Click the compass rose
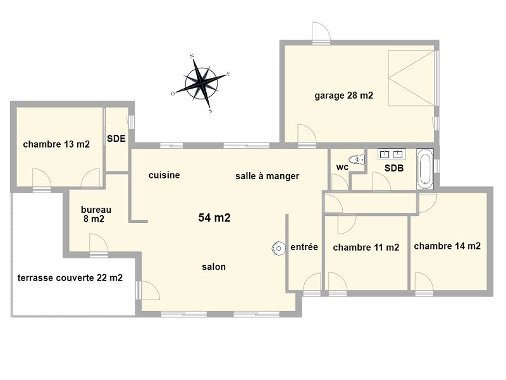coord(201,84)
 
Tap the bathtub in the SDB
coord(424,168)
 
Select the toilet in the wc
coord(357,160)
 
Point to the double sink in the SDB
coord(392,155)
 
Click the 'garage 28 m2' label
coord(343,96)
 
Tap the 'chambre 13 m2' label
coord(56,144)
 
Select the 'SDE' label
coord(116,139)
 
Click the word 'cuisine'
coord(164,175)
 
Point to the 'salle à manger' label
coord(267,176)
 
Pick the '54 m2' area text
coord(214,217)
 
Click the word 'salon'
coord(214,267)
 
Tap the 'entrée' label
coord(304,247)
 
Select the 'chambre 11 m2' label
coord(366,248)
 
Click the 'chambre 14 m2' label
coord(447,246)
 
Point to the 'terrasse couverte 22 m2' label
coord(70,278)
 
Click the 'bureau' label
coord(96,210)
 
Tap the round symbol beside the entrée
coord(278,248)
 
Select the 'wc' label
coord(342,167)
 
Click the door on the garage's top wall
coord(321,32)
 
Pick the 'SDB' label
coord(394,168)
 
